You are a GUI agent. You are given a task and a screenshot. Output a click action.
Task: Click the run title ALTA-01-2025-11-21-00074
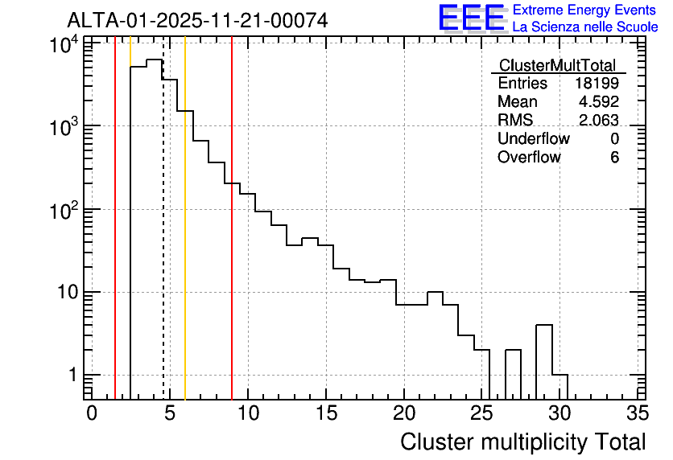[x=197, y=21]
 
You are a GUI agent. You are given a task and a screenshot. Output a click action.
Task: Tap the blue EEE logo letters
[x=471, y=18]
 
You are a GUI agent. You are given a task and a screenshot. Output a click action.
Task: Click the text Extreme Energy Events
[x=584, y=10]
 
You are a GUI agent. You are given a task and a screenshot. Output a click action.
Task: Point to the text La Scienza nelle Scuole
[x=585, y=27]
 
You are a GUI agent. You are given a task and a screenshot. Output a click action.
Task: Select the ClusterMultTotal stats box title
[x=558, y=65]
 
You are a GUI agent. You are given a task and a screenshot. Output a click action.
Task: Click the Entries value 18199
[x=597, y=83]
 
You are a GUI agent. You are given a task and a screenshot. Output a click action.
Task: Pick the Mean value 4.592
[x=599, y=101]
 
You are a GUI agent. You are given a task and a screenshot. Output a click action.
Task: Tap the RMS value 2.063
[x=599, y=120]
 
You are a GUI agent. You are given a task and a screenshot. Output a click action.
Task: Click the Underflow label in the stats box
[x=534, y=138]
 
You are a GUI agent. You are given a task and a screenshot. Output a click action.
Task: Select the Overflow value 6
[x=614, y=158]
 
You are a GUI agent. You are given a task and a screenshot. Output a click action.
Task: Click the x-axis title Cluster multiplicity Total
[x=522, y=442]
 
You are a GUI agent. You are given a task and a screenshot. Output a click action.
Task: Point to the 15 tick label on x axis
[x=326, y=413]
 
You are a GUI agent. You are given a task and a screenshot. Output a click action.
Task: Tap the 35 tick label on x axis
[x=638, y=413]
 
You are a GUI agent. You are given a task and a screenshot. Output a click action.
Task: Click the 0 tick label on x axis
[x=92, y=413]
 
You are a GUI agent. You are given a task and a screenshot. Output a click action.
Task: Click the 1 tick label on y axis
[x=73, y=375]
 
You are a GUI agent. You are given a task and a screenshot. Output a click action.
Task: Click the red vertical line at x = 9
[x=232, y=218]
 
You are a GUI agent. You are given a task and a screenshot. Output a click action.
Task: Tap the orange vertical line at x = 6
[x=185, y=218]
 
